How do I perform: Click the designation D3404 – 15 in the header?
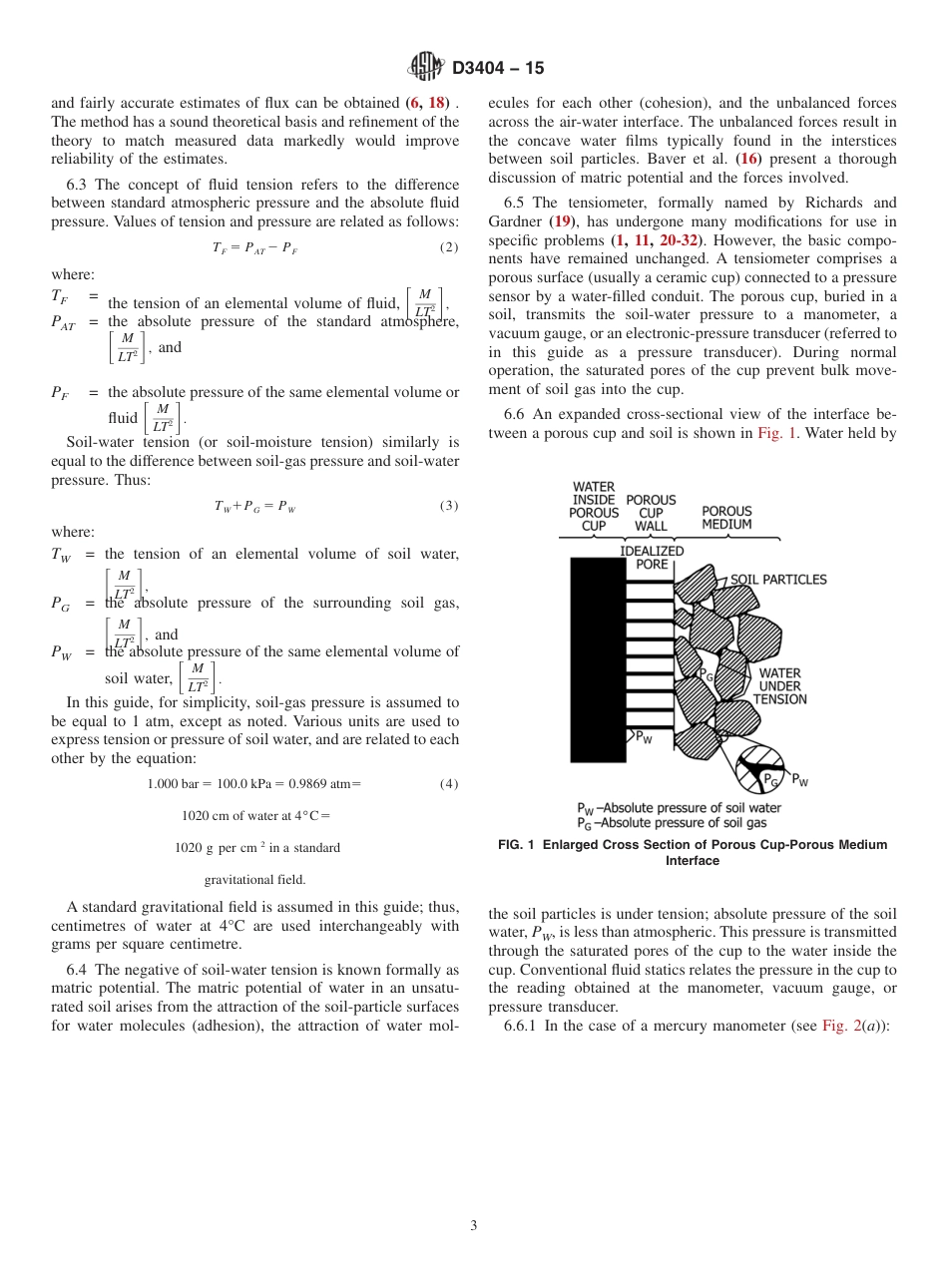[498, 69]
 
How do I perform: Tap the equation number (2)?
[449, 247]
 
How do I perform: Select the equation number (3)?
[449, 506]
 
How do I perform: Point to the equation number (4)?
[449, 783]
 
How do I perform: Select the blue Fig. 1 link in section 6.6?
[776, 434]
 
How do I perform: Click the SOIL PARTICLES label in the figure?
[778, 580]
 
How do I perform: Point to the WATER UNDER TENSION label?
[779, 686]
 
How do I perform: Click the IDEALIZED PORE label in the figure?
[652, 558]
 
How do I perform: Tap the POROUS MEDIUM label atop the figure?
[726, 518]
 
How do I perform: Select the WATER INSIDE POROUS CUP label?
[594, 507]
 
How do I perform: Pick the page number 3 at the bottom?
[474, 1226]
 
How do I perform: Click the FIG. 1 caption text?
[692, 852]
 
